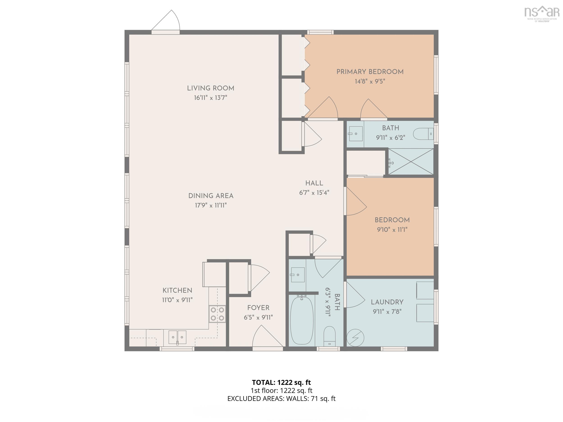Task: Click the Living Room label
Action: click(211, 88)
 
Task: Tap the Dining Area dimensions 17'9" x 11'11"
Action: click(211, 205)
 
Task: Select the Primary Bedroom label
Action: click(370, 72)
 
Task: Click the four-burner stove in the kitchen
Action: click(217, 314)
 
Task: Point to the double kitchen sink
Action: click(177, 337)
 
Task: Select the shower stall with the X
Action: click(411, 162)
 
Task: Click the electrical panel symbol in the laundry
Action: click(355, 338)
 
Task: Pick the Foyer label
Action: click(258, 308)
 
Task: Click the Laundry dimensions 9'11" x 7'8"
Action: click(387, 311)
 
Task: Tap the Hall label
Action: click(314, 183)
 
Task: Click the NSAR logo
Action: click(542, 14)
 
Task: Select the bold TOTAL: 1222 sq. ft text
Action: click(281, 382)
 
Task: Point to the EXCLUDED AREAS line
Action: click(281, 399)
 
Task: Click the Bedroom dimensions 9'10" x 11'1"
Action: click(392, 230)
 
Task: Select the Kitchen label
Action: click(177, 291)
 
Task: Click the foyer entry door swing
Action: click(268, 336)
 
